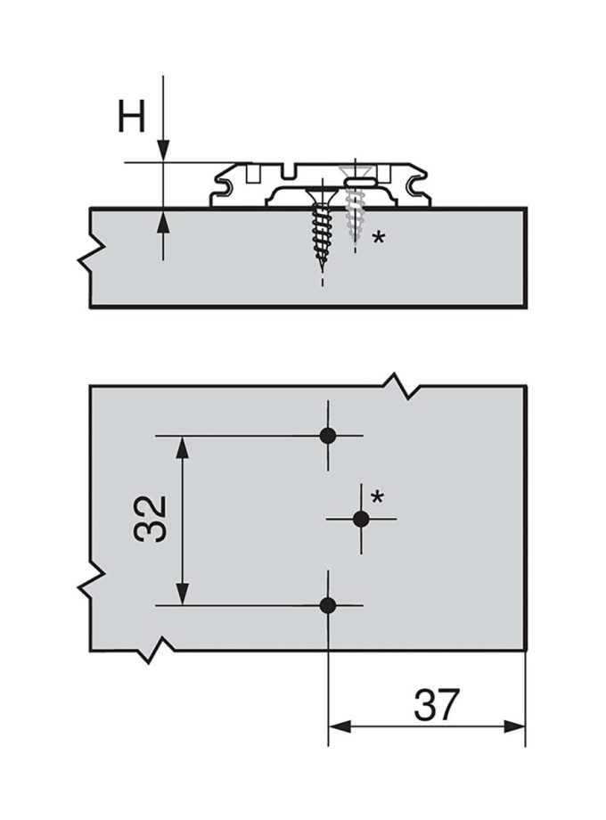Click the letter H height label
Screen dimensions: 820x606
(x=132, y=117)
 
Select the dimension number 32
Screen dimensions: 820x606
(x=151, y=519)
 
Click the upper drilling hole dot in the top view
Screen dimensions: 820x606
(x=328, y=436)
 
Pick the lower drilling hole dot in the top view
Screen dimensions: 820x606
(x=328, y=606)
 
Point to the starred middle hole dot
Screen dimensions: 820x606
(x=360, y=519)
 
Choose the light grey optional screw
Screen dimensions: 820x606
(x=355, y=209)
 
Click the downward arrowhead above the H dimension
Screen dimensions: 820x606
(x=163, y=151)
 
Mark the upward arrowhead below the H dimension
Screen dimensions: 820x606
(x=163, y=219)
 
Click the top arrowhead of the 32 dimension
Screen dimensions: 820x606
(x=182, y=447)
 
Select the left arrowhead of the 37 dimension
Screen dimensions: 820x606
(x=340, y=726)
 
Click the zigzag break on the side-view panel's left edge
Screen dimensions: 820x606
(x=88, y=254)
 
